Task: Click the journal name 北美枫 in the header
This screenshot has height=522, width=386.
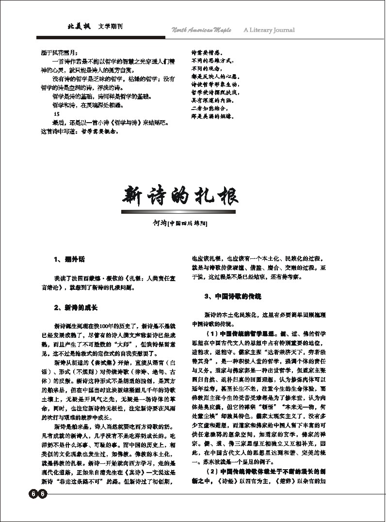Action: coord(79,26)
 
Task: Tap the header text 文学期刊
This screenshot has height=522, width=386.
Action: coord(110,26)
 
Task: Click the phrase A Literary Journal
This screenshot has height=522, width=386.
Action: coord(269,30)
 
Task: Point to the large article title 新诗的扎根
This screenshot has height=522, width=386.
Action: coord(179,196)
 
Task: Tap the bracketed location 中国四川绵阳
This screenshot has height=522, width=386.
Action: coord(188,223)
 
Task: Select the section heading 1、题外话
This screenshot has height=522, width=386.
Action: coord(69,260)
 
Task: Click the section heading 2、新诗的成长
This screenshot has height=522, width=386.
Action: coord(76,307)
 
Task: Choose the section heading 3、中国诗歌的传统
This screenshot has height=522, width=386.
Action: coord(233,296)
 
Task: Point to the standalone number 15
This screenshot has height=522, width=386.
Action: coord(57,114)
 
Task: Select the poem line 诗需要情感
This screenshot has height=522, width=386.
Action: coord(207,52)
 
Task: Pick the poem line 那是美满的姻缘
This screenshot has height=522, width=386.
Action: coord(213,117)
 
